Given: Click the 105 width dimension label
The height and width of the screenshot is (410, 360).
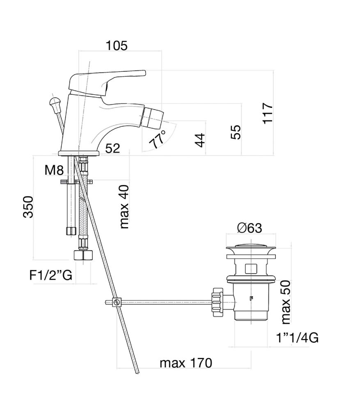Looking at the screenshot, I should click(117, 46).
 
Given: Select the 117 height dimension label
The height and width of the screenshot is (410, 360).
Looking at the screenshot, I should click(268, 114).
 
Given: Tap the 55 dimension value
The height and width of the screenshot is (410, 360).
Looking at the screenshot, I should click(236, 132).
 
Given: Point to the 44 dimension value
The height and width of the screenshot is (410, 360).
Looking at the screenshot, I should click(200, 140).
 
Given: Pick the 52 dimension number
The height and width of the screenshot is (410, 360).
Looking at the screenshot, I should click(112, 148).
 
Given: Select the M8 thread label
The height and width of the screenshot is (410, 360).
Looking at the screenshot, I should click(54, 170).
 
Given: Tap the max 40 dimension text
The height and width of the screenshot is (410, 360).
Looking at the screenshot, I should click(125, 206).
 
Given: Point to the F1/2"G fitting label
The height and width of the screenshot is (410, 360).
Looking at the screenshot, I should click(51, 275).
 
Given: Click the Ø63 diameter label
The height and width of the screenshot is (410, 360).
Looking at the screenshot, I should click(250, 228).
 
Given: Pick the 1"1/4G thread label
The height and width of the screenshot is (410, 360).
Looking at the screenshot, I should click(297, 338).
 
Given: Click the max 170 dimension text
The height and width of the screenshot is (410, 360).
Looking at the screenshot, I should click(186, 363).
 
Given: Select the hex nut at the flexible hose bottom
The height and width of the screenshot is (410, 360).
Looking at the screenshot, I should click(83, 255).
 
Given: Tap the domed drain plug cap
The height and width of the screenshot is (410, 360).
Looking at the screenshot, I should click(251, 248).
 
